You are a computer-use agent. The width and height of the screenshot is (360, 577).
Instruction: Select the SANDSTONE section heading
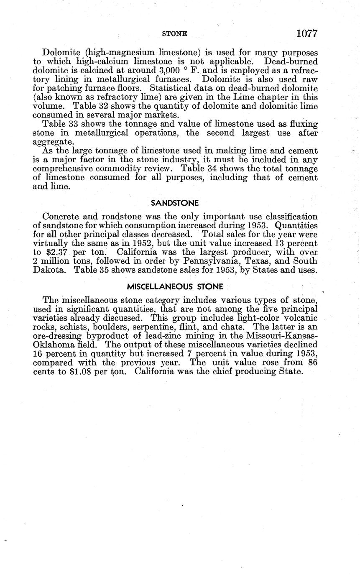point(175,203)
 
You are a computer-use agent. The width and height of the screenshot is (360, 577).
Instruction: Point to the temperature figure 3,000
point(161,71)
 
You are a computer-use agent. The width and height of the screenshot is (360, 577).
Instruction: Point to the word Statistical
point(171,88)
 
